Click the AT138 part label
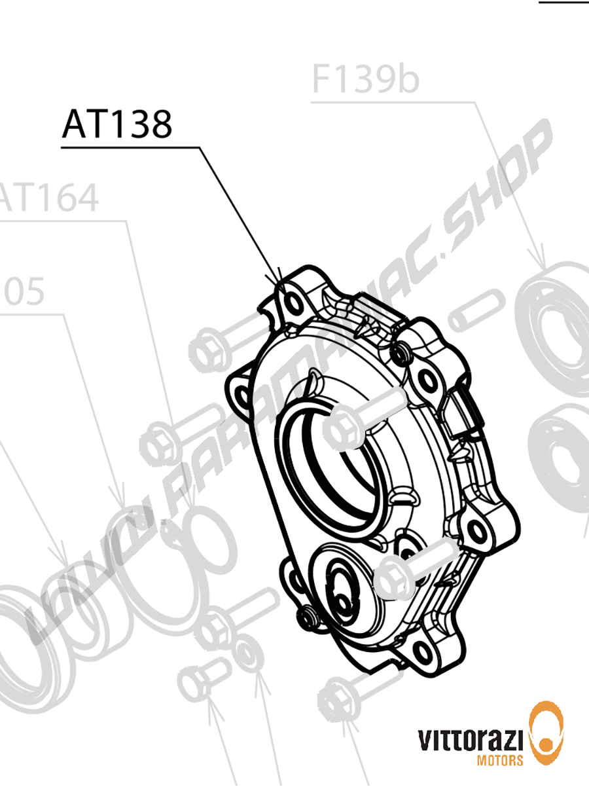(117, 124)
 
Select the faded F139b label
(365, 80)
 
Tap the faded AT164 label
(49, 198)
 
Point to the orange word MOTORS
(501, 760)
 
